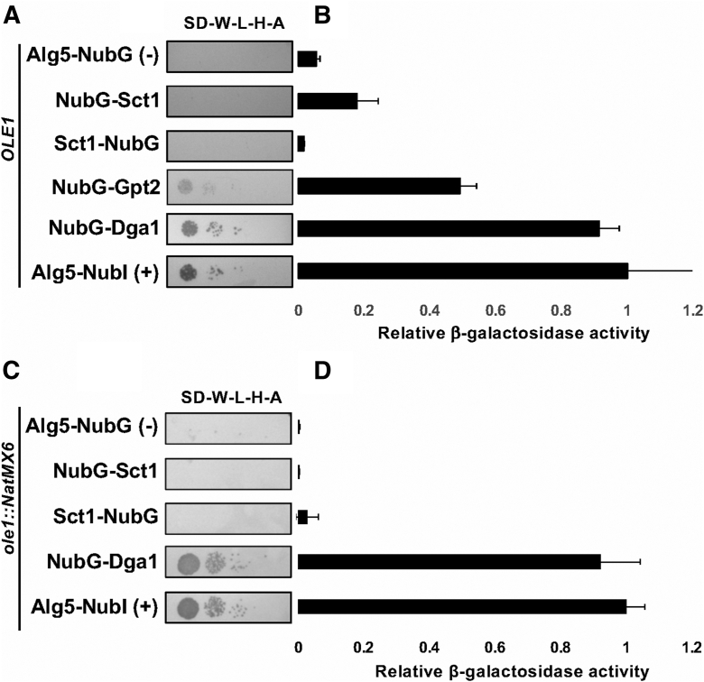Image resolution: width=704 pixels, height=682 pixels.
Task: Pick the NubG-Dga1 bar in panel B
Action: (x=449, y=228)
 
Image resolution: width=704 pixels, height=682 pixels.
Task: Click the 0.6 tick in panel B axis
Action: (x=495, y=310)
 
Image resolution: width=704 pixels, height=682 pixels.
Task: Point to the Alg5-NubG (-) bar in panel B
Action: (x=307, y=59)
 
